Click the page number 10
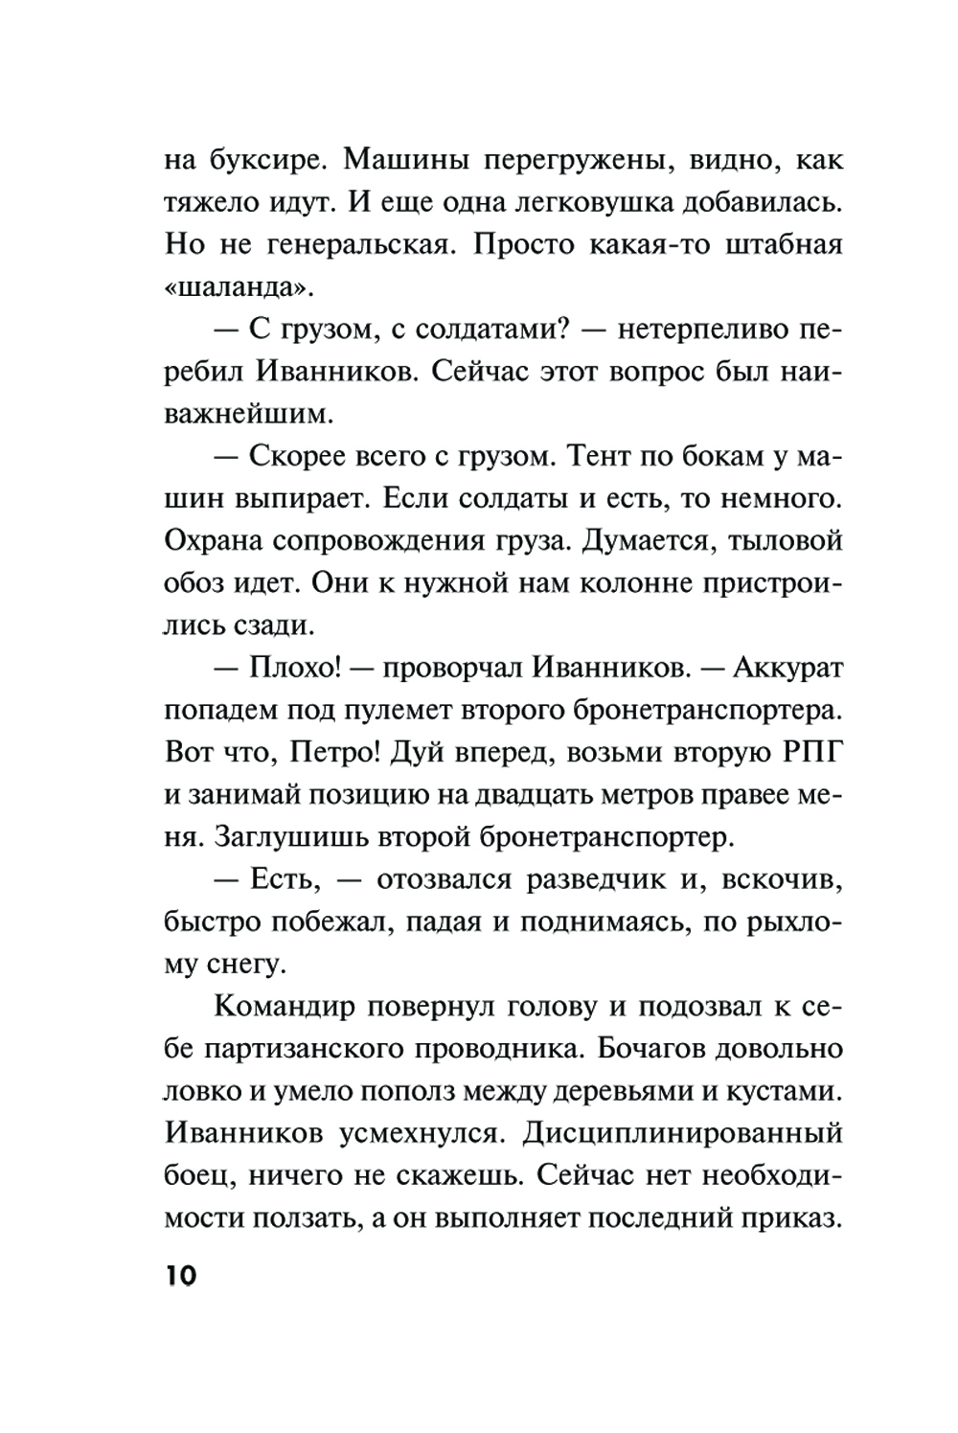pos(180,1276)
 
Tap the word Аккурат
pos(787,667)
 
